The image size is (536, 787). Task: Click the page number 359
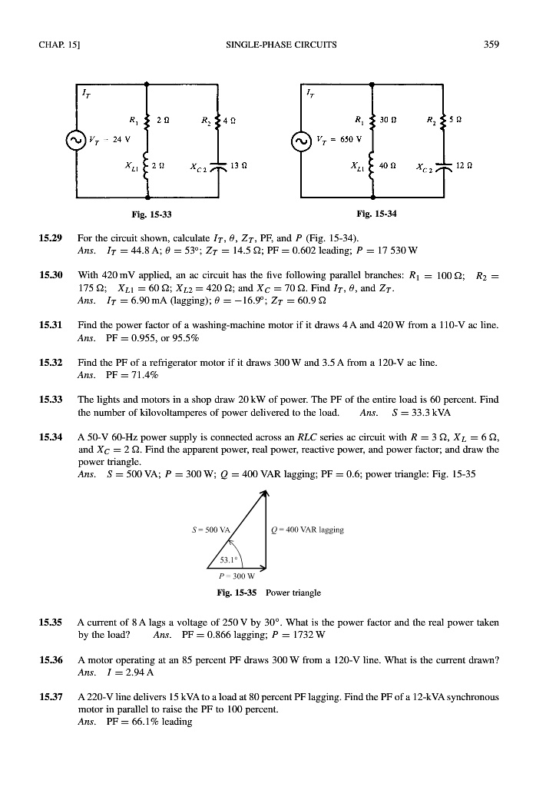click(491, 45)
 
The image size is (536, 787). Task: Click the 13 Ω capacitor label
click(238, 167)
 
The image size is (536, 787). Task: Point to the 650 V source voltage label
click(336, 141)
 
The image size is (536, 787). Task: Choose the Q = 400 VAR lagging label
click(308, 530)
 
